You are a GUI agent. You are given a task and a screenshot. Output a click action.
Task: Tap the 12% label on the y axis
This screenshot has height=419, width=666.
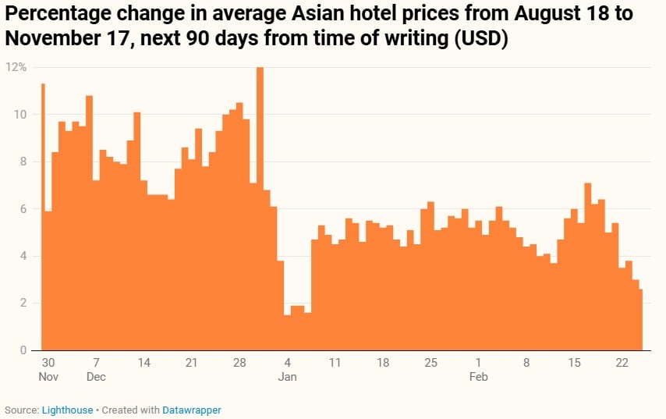16,67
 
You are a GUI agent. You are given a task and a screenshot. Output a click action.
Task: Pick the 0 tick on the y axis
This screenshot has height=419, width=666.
23,350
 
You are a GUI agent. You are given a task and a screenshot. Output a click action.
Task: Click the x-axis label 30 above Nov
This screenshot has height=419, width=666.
48,363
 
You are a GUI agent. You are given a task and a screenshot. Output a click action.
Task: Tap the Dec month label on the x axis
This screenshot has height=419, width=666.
96,377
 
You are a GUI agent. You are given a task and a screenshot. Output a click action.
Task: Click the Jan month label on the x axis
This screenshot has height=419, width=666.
288,377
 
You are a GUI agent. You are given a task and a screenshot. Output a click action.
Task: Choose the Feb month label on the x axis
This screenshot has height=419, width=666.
478,377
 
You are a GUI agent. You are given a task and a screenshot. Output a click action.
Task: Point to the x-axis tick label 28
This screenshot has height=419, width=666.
239,363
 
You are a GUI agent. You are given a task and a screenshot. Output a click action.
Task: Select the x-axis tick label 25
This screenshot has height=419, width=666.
430,363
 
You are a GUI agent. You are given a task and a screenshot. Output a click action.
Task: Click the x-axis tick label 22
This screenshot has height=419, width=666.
622,363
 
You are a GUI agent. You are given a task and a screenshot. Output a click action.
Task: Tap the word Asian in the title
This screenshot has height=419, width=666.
328,14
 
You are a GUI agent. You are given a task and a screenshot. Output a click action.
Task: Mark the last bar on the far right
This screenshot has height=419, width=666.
640,320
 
